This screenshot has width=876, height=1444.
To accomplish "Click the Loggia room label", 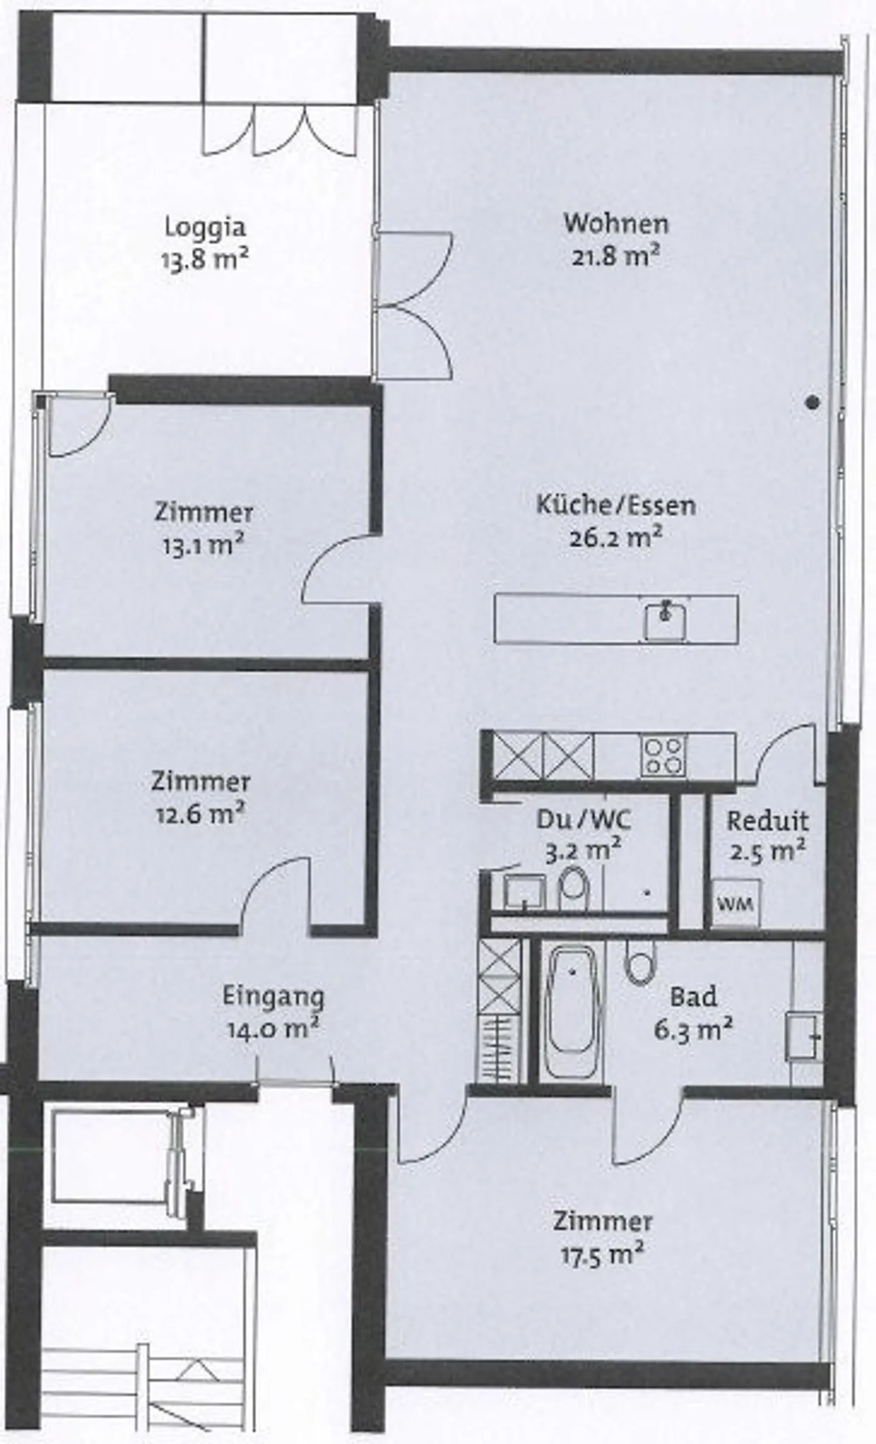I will pos(206,227).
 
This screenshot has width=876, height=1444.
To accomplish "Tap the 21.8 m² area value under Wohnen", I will pos(616,256).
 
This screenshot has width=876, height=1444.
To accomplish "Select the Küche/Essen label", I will pos(616,505).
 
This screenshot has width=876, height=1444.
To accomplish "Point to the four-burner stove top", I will pos(663,755).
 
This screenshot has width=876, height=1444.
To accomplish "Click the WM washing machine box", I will pos(735,903).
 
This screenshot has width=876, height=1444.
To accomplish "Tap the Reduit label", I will pos(768,821).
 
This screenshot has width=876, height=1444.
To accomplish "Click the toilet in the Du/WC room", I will pos(573,889).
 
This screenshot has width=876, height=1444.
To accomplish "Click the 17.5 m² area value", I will pos(602,1254).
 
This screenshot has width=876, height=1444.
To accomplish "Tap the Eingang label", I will pos(273,996).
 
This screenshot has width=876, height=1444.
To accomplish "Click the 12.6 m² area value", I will pos(200,814).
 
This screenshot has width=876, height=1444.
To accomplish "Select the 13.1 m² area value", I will pos(203,544).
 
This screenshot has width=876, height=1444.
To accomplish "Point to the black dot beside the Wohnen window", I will pos(813,402).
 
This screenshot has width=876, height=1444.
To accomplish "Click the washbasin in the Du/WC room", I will pos(524,892).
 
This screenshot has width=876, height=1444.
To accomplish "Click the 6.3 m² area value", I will pos(693,1030).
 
